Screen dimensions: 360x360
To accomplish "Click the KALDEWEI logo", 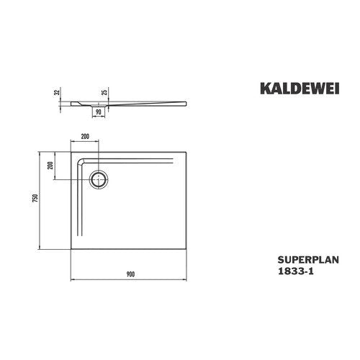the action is pos(300,89).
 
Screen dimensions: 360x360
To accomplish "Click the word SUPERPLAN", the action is pos(308,260).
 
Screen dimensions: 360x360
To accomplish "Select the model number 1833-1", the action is pos(295,271).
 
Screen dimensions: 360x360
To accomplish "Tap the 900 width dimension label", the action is pos(130,274).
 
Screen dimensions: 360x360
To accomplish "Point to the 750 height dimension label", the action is pos(35,198).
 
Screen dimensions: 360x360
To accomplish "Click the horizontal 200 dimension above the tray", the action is pos(85,137).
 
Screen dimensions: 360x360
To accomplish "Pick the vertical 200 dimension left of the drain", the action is pos(50,166).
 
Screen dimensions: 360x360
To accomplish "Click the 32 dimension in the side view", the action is pos(57,92).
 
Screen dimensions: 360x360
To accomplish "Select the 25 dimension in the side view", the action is pos(104,92).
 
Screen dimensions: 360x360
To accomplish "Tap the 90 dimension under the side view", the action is pos(99,112).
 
